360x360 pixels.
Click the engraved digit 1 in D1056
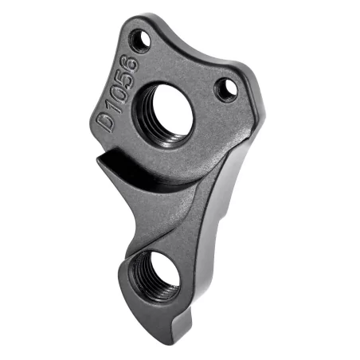click(x=108, y=104)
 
